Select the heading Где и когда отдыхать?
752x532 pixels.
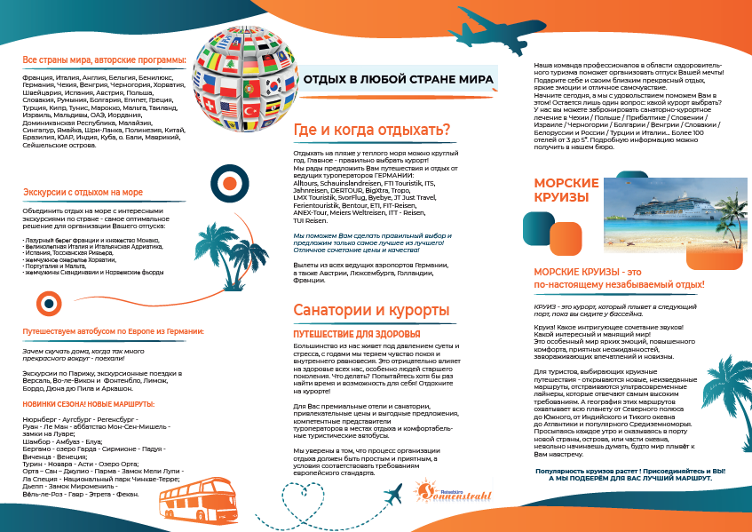[x=371, y=131]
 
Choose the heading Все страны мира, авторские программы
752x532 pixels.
[x=104, y=60]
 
